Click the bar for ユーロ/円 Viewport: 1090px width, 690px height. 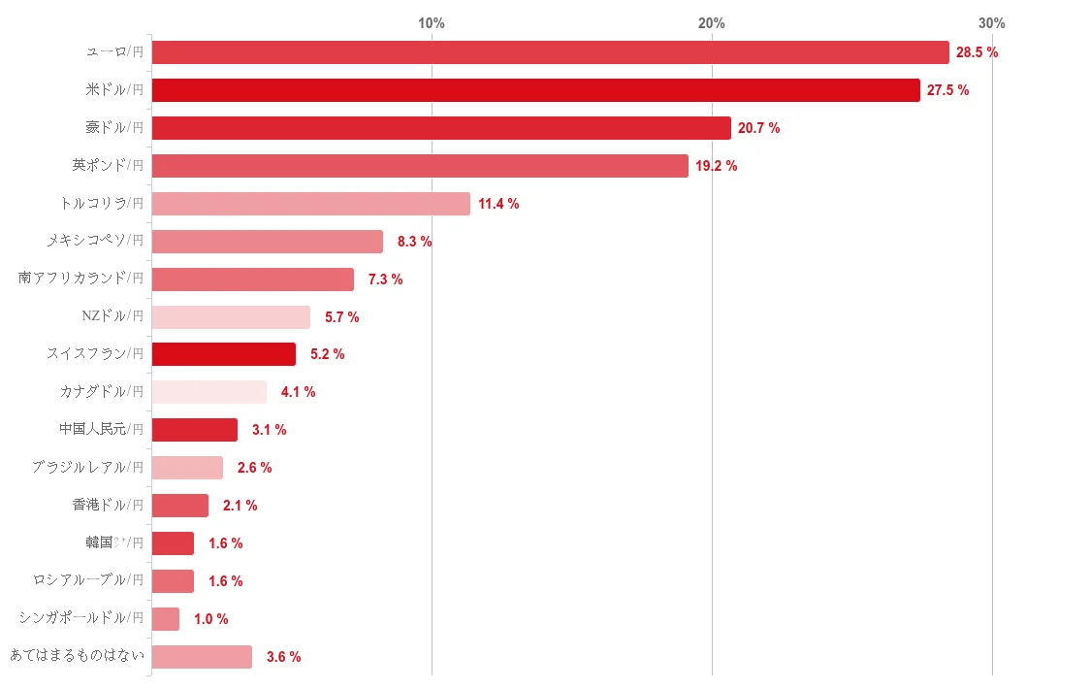click(x=550, y=52)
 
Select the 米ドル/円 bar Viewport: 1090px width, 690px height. click(x=535, y=90)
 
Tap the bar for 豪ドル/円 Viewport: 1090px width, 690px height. click(x=441, y=128)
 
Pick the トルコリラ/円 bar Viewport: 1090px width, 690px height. click(x=310, y=204)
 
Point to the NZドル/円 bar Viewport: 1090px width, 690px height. click(x=231, y=317)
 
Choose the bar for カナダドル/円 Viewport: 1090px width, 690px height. click(x=208, y=392)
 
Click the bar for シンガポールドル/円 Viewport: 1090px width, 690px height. click(x=166, y=619)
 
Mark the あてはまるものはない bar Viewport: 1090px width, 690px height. click(x=202, y=657)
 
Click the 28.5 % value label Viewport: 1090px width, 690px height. click(x=977, y=52)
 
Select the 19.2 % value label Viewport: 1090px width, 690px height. click(x=716, y=166)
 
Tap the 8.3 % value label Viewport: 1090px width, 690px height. click(x=414, y=242)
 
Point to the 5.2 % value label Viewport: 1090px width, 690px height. click(x=327, y=355)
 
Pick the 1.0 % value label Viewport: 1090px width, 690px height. click(x=210, y=619)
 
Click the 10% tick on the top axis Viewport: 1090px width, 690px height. click(x=432, y=23)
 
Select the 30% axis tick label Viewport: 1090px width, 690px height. click(x=991, y=23)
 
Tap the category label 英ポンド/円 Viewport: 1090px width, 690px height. click(x=108, y=166)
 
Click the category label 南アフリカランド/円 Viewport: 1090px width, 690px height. click(x=81, y=279)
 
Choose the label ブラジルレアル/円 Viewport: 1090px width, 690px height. click(x=87, y=468)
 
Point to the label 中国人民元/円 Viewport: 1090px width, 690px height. click(x=101, y=430)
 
